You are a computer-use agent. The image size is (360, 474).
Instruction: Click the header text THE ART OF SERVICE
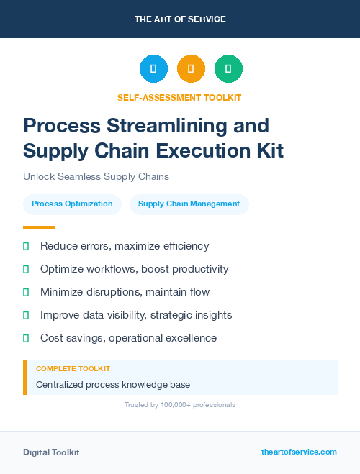click(180, 19)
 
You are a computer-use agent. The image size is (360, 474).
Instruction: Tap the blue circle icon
click(153, 69)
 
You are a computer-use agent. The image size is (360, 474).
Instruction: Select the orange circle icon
click(191, 69)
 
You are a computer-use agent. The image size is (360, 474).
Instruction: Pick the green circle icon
click(228, 69)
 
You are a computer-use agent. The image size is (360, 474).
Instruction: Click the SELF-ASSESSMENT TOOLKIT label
click(179, 97)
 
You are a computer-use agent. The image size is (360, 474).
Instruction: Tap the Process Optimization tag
click(72, 204)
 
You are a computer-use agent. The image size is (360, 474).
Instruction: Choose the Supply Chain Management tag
click(189, 204)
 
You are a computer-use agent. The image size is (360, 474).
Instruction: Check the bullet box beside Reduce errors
click(26, 246)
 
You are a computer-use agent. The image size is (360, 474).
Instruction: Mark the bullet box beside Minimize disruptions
click(26, 292)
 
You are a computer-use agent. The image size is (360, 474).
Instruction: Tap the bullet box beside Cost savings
click(26, 338)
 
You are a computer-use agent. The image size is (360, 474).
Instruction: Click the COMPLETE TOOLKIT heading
click(73, 368)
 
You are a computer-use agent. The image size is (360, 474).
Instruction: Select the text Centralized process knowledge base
click(113, 385)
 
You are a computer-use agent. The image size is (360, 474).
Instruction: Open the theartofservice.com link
click(299, 452)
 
